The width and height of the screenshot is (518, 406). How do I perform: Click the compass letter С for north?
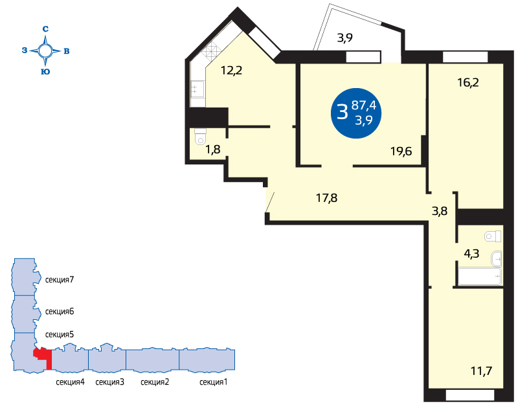click(45, 29)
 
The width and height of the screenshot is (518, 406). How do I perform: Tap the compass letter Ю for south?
click(45, 72)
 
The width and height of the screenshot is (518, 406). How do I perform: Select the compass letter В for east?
click(67, 51)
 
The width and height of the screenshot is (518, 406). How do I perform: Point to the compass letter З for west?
click(25, 51)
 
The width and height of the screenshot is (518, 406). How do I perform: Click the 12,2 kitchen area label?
click(231, 71)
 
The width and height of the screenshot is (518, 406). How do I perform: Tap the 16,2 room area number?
click(468, 82)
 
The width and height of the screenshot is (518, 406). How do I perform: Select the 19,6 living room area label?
click(401, 152)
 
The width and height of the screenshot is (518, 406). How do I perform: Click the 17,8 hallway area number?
click(327, 198)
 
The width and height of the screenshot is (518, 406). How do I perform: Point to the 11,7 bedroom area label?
click(481, 371)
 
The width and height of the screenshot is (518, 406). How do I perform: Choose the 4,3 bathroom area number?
click(471, 254)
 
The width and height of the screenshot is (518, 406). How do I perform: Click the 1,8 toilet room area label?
click(213, 150)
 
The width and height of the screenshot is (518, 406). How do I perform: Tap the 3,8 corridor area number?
click(440, 210)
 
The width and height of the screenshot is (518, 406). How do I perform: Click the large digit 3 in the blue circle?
click(343, 111)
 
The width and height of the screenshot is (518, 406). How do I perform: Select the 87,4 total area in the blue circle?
click(364, 105)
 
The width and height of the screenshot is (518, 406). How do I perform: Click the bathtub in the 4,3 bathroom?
click(480, 276)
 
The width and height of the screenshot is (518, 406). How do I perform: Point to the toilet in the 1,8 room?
click(200, 137)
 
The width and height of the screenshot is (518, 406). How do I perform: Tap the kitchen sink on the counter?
click(197, 89)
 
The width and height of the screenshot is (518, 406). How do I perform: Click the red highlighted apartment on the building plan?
click(43, 356)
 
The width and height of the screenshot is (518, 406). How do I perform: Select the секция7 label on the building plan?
click(60, 280)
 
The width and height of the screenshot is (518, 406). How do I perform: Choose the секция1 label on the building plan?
click(214, 382)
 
